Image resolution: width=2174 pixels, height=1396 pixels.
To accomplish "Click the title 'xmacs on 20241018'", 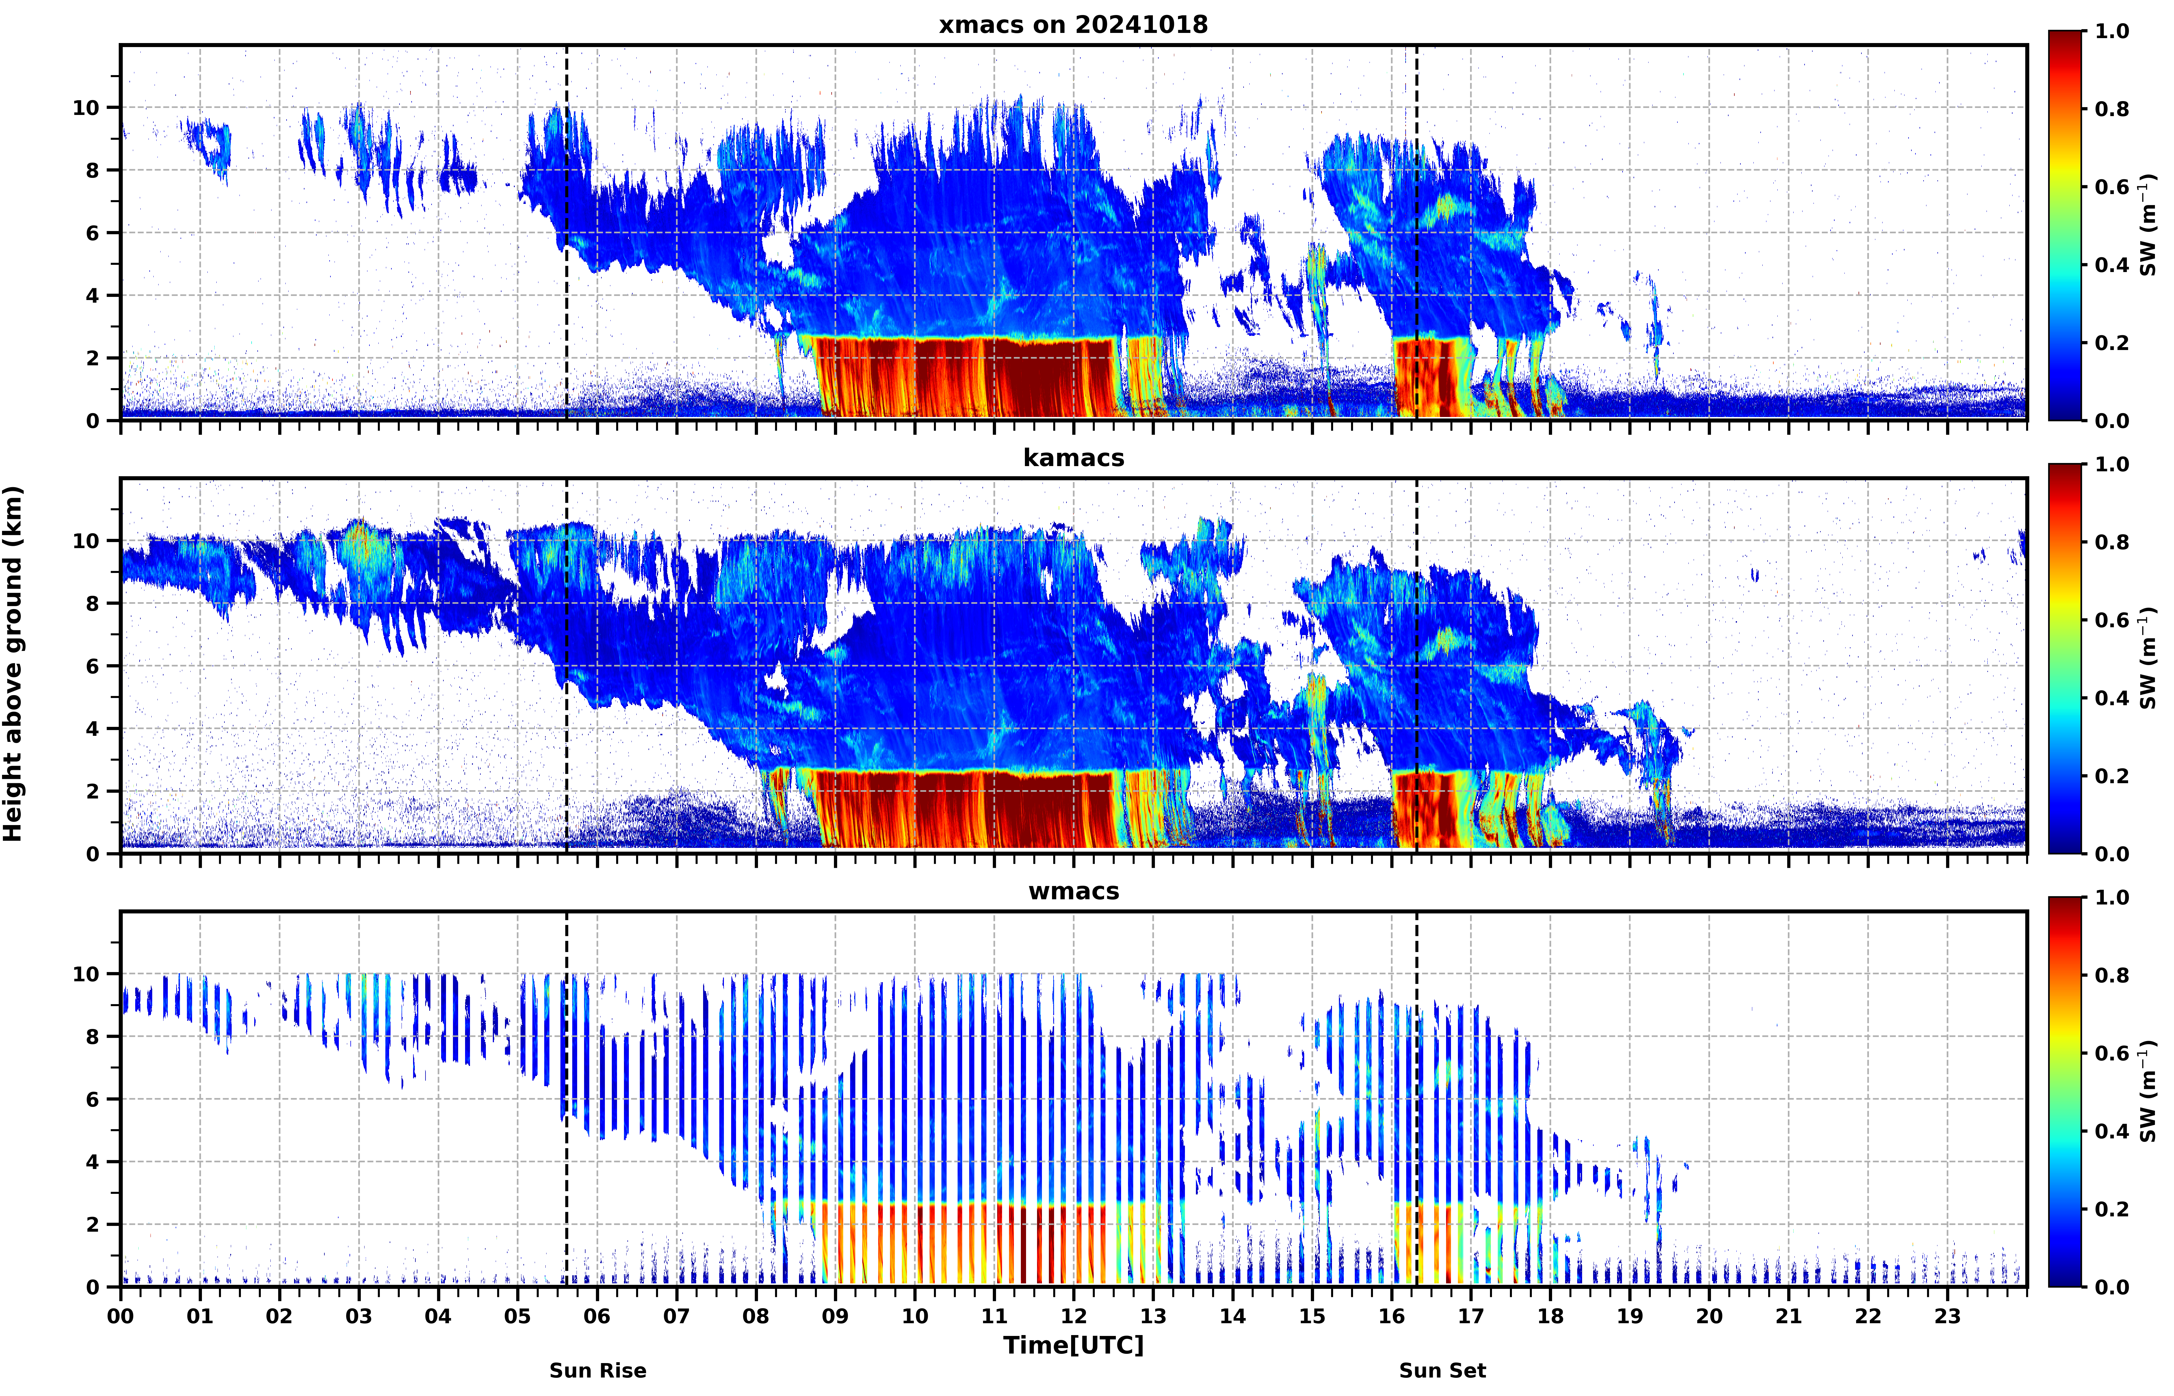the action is point(1073,25).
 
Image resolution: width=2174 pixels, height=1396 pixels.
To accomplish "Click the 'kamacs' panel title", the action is point(1073,458).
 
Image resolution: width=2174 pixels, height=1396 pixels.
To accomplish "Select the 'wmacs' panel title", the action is point(1073,891).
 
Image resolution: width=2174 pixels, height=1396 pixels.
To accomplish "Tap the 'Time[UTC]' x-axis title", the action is point(1073,1345).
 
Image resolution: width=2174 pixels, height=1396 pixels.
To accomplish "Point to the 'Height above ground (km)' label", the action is point(13,664).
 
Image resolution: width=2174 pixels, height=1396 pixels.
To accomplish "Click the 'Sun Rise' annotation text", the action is point(597,1371).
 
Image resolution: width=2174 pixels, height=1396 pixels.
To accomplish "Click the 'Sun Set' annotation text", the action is point(1442,1371).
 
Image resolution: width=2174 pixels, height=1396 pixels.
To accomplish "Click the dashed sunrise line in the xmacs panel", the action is point(567,232).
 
